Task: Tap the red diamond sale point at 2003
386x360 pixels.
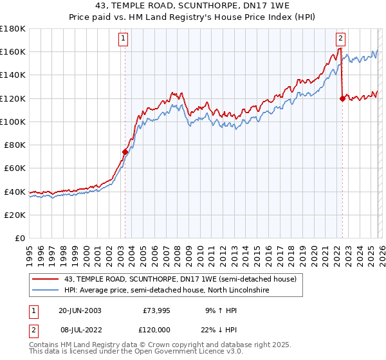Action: (125, 152)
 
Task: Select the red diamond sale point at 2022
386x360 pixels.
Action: (342, 98)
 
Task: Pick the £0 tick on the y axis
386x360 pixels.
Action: (21, 238)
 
